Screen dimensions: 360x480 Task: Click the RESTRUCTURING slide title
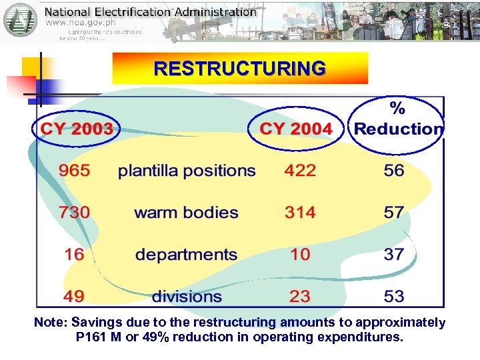240,69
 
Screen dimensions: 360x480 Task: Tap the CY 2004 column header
296,128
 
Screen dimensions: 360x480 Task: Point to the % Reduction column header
398,120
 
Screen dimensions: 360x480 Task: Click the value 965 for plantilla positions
74,171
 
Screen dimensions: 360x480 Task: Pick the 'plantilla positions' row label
187,171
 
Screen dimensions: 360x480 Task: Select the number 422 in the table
300,171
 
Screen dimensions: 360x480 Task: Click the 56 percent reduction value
394,171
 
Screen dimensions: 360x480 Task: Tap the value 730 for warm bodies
74,213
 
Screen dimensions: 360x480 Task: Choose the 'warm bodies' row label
186,213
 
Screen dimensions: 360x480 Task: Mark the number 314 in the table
300,213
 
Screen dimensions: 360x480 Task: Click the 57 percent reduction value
394,213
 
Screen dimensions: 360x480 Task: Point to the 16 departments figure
74,254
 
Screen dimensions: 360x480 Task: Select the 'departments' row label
186,255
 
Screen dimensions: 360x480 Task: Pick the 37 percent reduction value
394,254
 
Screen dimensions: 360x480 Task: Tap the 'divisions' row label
187,296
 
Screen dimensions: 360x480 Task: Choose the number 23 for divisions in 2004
300,295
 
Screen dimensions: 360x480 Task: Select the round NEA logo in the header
21,20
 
